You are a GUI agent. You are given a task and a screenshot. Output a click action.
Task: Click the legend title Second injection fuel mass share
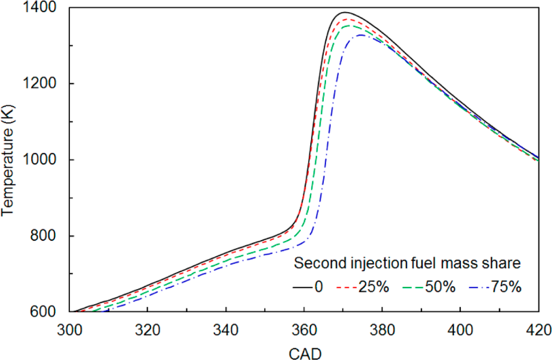pos(408,263)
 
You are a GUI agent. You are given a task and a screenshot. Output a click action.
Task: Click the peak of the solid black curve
pos(345,12)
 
